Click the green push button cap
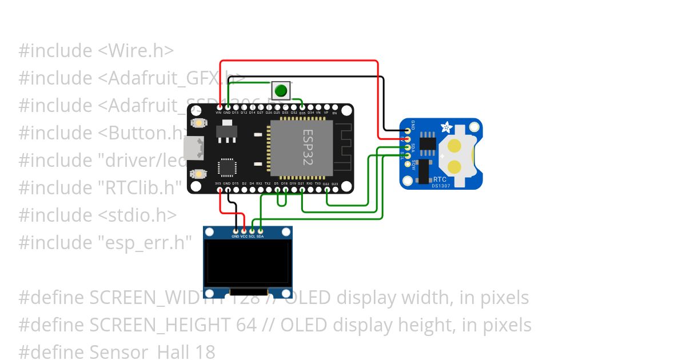[281, 90]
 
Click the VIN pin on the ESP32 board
[218, 107]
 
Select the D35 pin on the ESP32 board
[302, 107]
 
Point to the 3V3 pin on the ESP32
[218, 189]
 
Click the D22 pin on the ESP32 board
[326, 189]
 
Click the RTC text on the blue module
[440, 179]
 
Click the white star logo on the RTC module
[446, 126]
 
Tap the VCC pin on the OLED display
[244, 231]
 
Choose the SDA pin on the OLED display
[260, 231]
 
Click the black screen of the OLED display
[248, 264]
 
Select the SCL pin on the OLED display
[252, 231]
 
